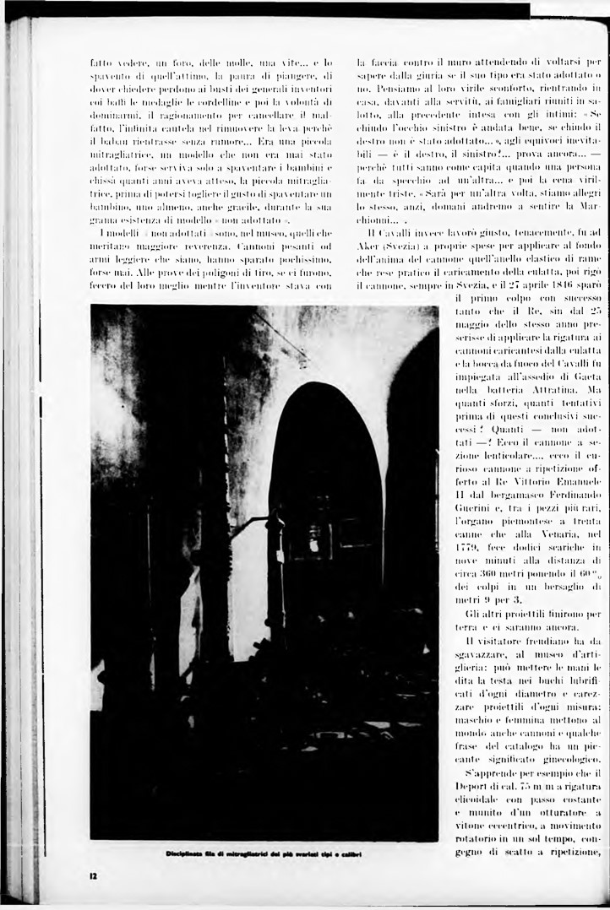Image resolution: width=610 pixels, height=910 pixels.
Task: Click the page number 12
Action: click(94, 875)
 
